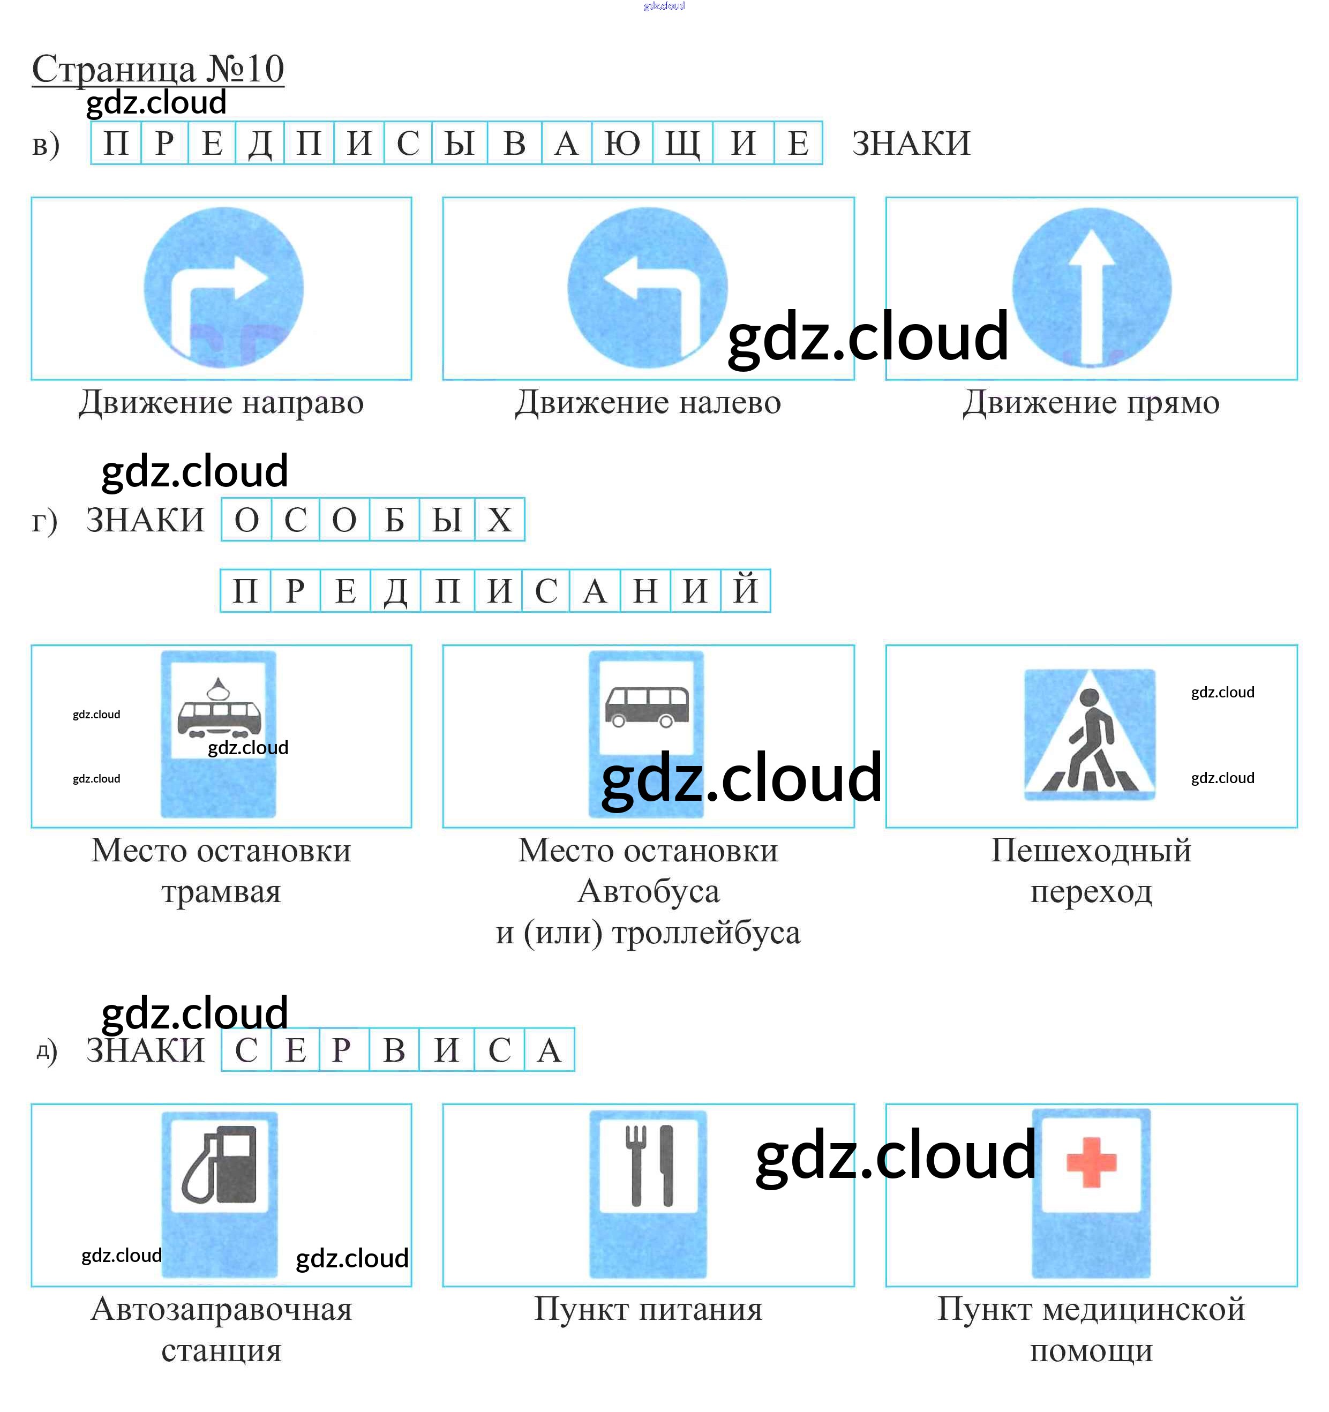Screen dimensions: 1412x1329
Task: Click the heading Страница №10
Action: [157, 70]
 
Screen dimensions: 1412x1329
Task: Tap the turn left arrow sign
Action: [647, 288]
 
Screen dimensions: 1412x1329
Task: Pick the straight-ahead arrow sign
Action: [1091, 288]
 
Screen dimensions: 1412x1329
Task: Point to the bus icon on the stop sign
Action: [647, 706]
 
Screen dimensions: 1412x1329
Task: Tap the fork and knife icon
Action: [648, 1165]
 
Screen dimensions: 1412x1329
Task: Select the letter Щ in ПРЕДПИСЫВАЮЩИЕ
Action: [682, 144]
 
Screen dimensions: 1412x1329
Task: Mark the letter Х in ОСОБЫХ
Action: [499, 520]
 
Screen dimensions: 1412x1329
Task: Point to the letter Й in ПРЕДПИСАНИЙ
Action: [745, 590]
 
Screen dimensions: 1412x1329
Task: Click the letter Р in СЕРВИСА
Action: [342, 1050]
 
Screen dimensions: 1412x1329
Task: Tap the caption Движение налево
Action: [647, 403]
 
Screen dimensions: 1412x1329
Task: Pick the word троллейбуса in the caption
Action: [706, 933]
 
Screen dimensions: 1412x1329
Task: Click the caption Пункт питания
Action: [648, 1309]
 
